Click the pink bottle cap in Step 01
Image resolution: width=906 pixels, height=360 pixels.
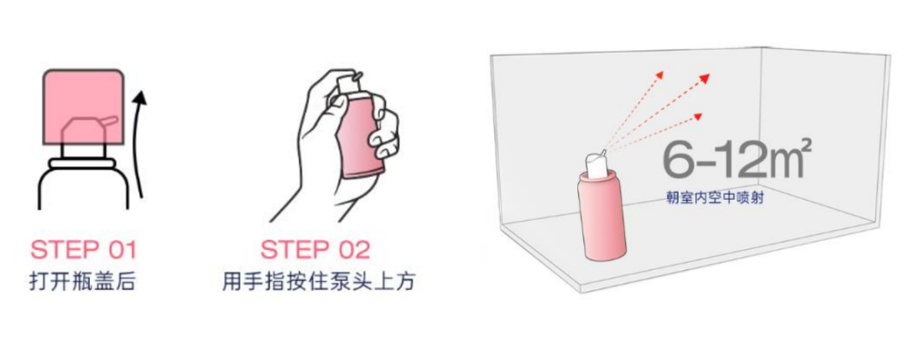(83, 107)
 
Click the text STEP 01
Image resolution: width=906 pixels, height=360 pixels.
(83, 251)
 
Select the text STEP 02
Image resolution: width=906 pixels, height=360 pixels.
(315, 251)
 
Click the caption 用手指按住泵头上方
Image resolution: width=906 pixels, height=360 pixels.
(319, 282)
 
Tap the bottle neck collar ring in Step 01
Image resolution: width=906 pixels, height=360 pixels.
(84, 164)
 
